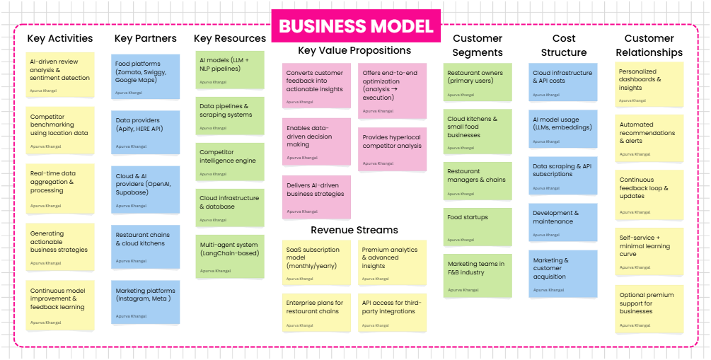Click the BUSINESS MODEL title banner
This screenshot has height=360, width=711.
[x=356, y=26]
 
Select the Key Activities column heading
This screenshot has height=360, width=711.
[x=60, y=38]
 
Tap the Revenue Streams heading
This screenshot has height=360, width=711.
[x=354, y=230]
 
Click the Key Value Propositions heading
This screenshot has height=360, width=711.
[x=354, y=50]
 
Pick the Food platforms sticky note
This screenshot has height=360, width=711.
[x=146, y=76]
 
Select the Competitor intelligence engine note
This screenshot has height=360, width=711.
[x=230, y=162]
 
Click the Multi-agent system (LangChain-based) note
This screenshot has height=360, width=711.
[x=230, y=257]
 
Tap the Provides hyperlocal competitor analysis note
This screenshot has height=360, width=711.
[x=392, y=149]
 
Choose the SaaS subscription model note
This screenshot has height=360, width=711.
[x=316, y=263]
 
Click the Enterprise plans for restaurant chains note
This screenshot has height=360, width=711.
[x=316, y=313]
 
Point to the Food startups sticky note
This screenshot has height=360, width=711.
[x=478, y=227]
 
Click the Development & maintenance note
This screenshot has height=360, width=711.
[x=562, y=223]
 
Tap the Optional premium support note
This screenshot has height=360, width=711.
[x=649, y=309]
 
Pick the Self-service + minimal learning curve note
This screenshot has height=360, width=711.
[x=649, y=252]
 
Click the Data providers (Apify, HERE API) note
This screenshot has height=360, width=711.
[x=146, y=132]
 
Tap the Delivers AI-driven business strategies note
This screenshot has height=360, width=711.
[x=316, y=197]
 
